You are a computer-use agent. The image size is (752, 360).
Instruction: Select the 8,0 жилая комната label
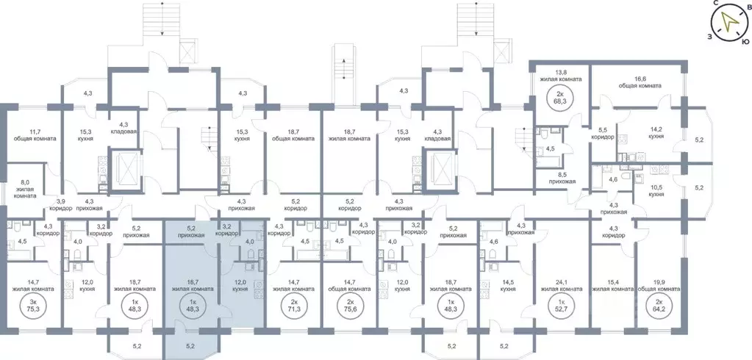point(24,189)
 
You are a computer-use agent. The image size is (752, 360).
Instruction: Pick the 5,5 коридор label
point(603,133)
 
